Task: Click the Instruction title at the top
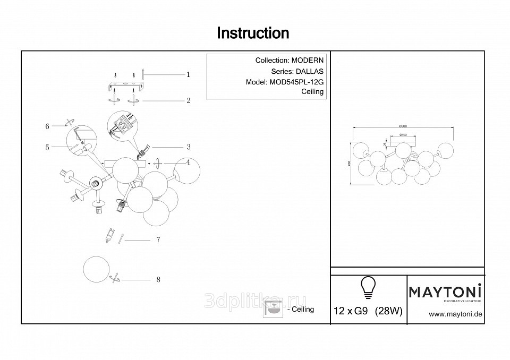coord(253,33)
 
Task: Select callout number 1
coord(188,75)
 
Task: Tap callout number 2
coord(188,100)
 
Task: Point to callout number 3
coord(188,147)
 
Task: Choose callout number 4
coord(188,162)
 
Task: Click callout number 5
coord(47,148)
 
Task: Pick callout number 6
coord(47,126)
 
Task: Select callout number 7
coord(158,240)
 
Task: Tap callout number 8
coord(158,279)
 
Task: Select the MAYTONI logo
coord(445,292)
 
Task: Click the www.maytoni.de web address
coord(455,314)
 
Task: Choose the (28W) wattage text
coord(388,312)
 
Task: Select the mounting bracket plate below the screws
coord(125,85)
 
